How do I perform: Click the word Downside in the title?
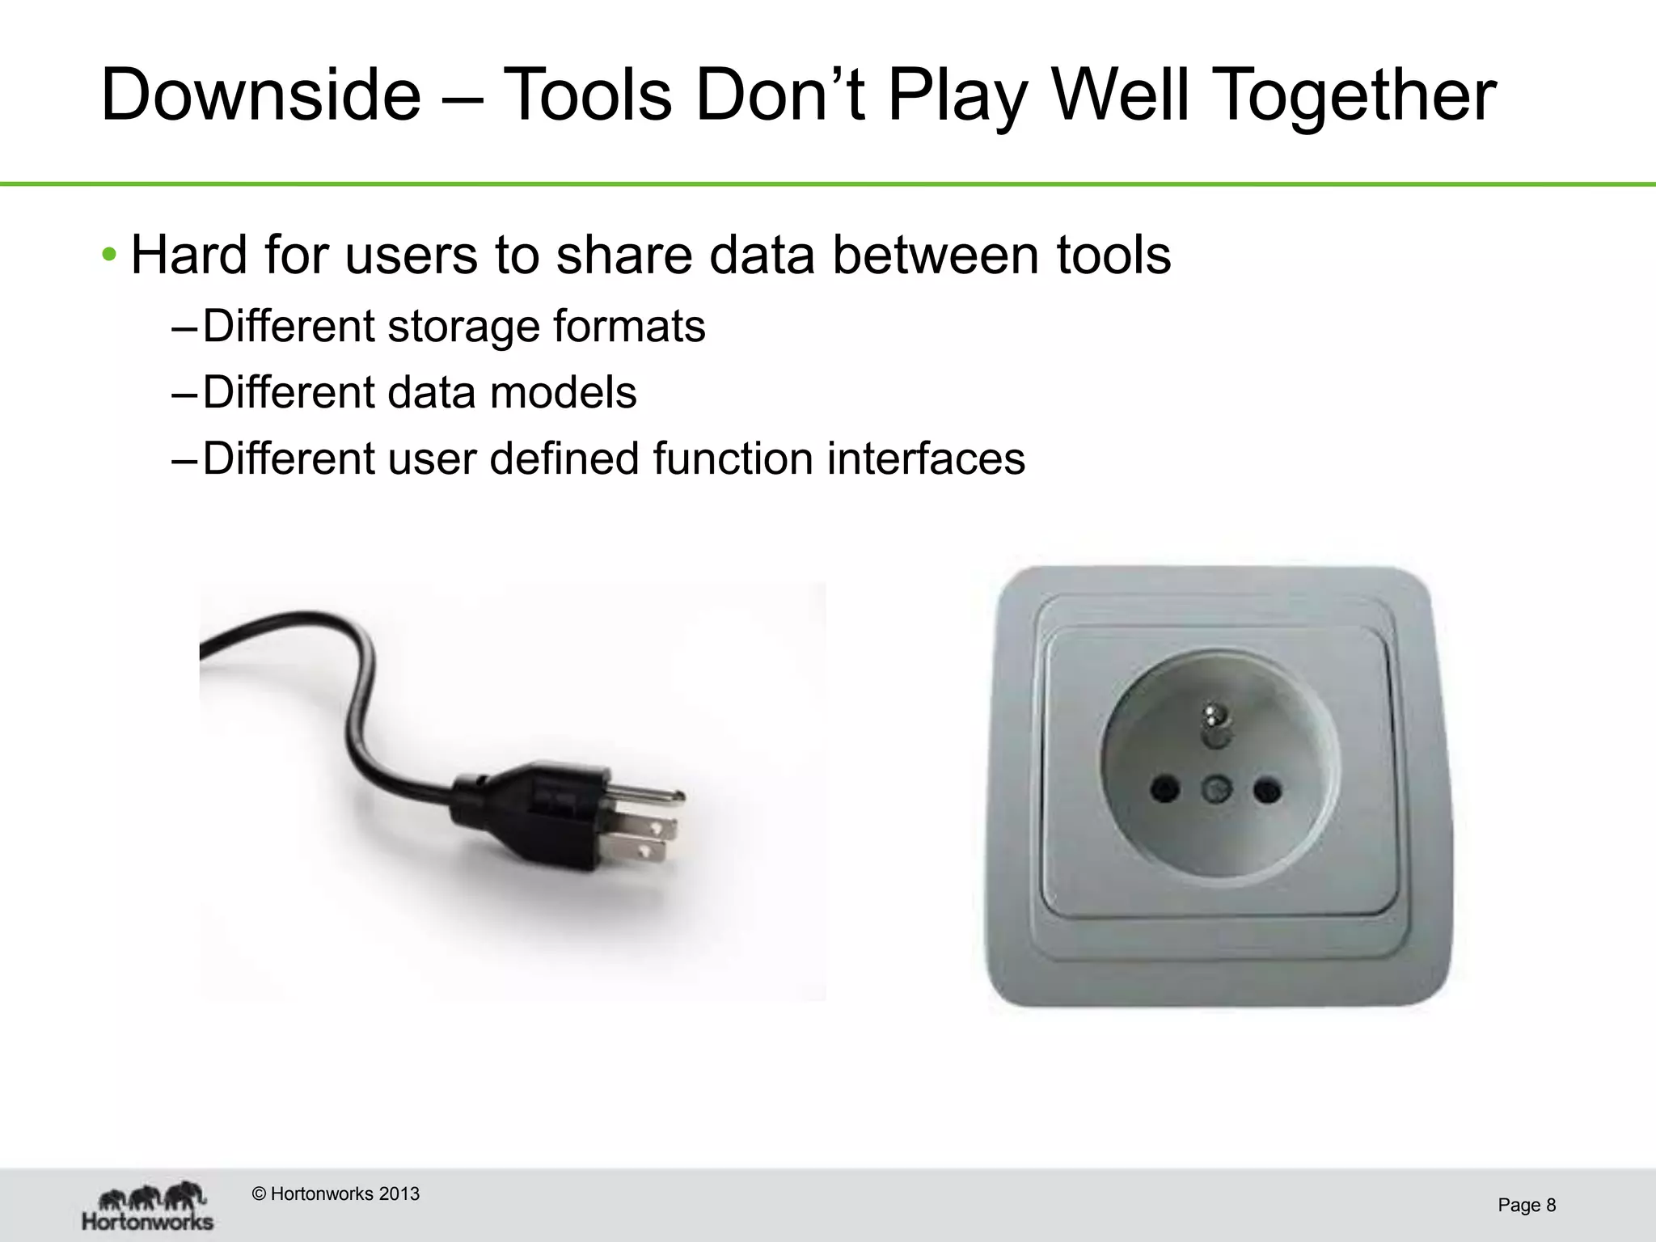pyautogui.click(x=260, y=95)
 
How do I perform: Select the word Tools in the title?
pyautogui.click(x=587, y=95)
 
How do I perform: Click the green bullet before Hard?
pyautogui.click(x=109, y=256)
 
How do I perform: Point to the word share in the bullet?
pyautogui.click(x=623, y=256)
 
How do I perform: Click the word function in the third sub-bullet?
pyautogui.click(x=733, y=459)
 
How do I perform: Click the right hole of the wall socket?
pyautogui.click(x=1266, y=790)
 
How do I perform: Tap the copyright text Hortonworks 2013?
pyautogui.click(x=336, y=1194)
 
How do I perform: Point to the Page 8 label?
pyautogui.click(x=1527, y=1206)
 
